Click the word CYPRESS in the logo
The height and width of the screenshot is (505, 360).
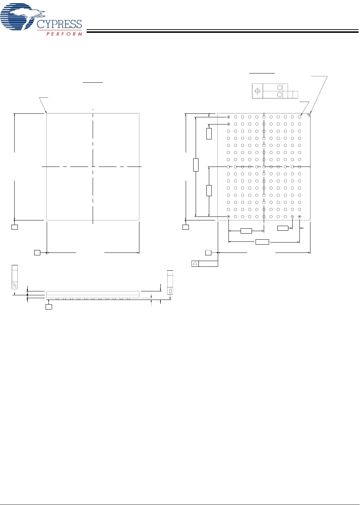[x=59, y=24]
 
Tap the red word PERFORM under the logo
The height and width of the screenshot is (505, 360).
[x=64, y=34]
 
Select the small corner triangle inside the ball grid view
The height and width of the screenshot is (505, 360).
[x=308, y=115]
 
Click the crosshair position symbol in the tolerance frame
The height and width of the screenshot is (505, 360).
[x=257, y=91]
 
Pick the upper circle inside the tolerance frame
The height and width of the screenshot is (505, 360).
[x=279, y=87]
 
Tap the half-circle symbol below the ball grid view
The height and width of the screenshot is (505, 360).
[x=195, y=264]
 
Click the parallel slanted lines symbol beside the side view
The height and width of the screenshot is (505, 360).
[x=15, y=285]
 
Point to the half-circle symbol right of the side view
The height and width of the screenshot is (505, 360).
[x=170, y=291]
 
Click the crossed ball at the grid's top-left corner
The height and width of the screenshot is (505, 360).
[x=228, y=117]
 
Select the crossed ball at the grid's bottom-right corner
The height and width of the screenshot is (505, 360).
[x=299, y=216]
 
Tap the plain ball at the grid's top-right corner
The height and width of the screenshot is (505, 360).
[x=299, y=117]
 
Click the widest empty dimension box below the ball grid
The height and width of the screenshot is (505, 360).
[x=262, y=242]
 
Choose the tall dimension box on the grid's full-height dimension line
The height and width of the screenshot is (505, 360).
[x=196, y=165]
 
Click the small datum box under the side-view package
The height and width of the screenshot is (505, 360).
[x=49, y=307]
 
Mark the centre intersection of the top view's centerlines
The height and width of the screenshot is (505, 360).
[x=93, y=167]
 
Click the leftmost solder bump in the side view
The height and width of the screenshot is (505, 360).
[x=57, y=299]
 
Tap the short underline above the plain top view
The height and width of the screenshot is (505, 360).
[x=93, y=82]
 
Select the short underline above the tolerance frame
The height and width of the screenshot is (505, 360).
[x=262, y=73]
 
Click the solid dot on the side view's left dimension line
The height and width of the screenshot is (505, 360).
[x=27, y=295]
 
